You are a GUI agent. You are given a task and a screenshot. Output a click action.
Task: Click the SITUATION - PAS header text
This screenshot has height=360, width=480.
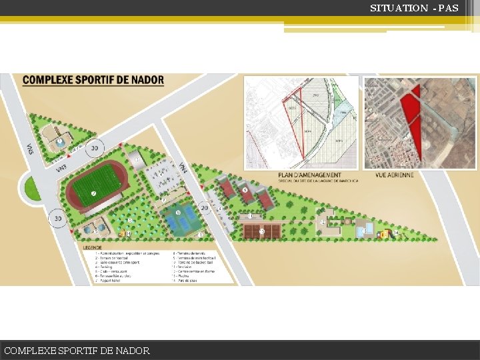(414, 8)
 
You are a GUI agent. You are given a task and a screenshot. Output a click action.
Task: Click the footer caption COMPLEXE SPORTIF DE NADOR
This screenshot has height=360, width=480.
(77, 351)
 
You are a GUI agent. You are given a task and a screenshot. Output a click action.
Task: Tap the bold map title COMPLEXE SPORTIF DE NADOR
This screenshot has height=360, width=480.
(93, 80)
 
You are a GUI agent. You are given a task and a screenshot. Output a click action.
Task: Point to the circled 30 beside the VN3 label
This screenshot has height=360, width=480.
(95, 148)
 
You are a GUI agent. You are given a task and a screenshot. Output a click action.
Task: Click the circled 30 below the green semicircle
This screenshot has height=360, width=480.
(58, 218)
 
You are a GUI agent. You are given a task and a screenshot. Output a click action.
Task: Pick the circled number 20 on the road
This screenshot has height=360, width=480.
(205, 208)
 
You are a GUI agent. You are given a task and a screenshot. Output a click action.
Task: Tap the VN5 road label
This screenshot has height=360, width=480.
(30, 147)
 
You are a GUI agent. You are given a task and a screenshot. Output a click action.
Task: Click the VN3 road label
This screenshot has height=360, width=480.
(61, 169)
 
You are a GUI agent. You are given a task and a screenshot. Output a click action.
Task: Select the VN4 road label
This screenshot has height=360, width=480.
(183, 169)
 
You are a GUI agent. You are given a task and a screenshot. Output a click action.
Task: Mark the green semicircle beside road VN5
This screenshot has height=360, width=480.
(31, 188)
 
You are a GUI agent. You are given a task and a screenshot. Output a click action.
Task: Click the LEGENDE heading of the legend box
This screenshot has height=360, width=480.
(93, 247)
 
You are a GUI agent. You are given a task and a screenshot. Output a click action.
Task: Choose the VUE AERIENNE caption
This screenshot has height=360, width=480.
(395, 175)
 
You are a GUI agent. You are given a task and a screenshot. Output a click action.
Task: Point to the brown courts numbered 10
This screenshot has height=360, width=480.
(261, 231)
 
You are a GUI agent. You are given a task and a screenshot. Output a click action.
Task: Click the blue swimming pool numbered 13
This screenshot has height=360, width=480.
(364, 230)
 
